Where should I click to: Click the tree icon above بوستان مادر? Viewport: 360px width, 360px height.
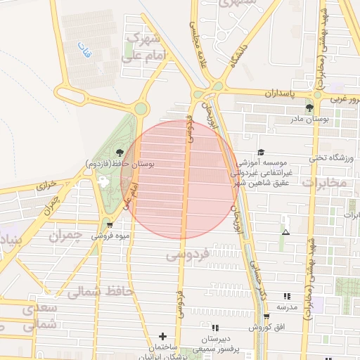[309, 108]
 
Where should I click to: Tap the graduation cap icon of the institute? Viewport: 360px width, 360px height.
[261, 152]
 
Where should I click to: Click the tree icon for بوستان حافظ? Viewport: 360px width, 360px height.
[120, 152]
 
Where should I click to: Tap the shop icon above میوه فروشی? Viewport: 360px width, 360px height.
[110, 225]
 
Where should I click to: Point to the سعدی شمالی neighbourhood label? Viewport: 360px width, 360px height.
[30, 316]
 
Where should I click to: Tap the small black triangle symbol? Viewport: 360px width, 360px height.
[285, 232]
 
